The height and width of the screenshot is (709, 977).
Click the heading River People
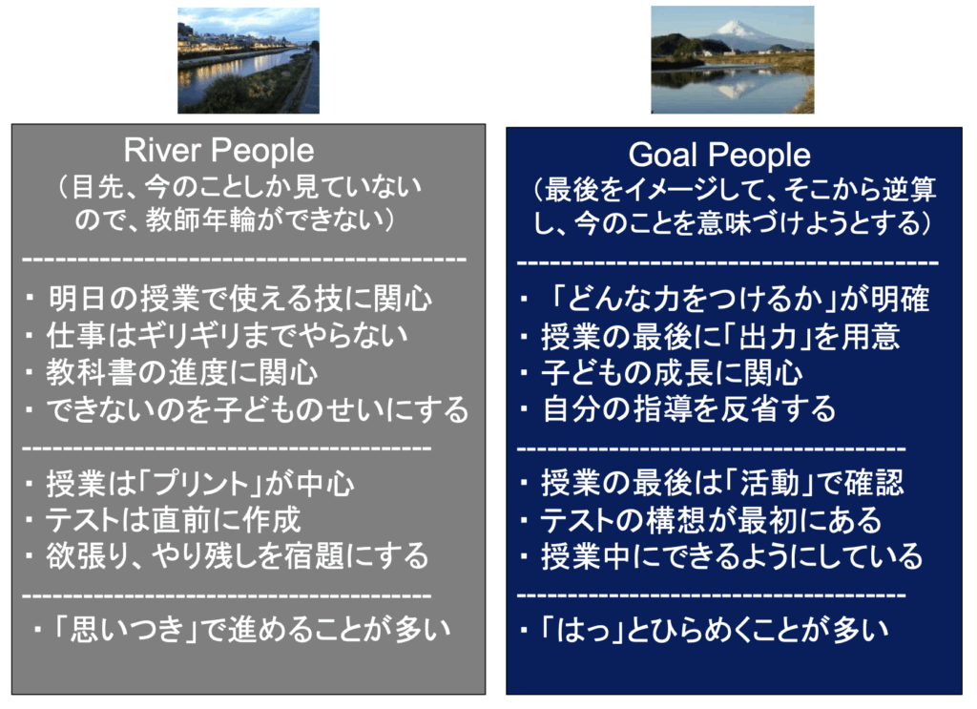coord(218,151)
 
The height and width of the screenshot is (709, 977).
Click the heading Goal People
coord(719,155)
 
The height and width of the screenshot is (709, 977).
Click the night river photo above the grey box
coord(249,60)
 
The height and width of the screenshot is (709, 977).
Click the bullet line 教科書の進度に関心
coord(182,372)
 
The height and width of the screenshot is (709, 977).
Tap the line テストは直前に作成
coord(174,520)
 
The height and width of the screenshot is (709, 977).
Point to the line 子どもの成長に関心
coord(672,373)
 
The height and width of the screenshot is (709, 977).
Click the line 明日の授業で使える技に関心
coord(239,299)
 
